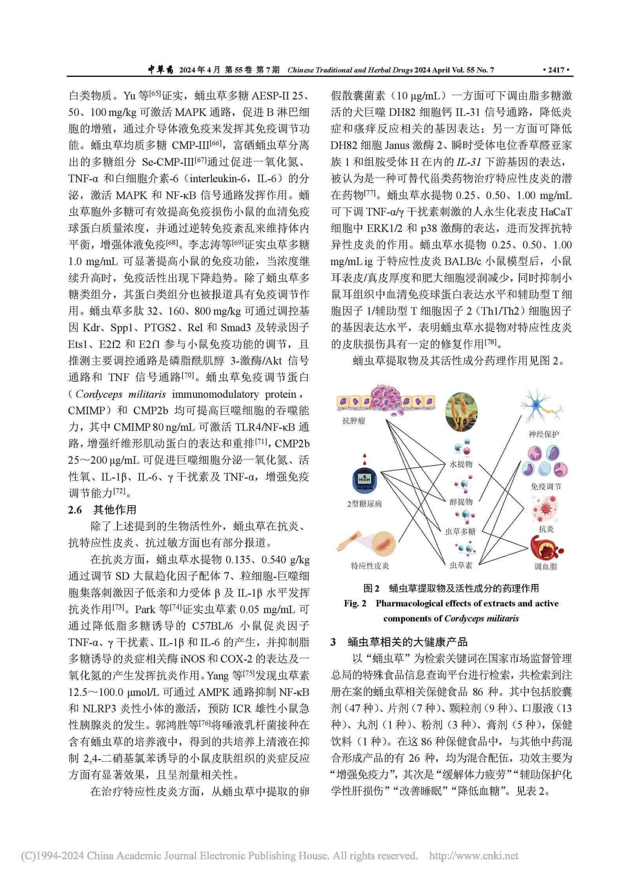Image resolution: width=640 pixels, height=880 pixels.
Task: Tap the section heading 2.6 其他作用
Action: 102,509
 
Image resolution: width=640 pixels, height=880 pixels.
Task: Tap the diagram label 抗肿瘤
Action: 354,421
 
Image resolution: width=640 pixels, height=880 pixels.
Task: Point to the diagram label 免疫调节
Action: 545,486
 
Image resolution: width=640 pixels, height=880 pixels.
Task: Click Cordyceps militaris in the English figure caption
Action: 482,618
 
